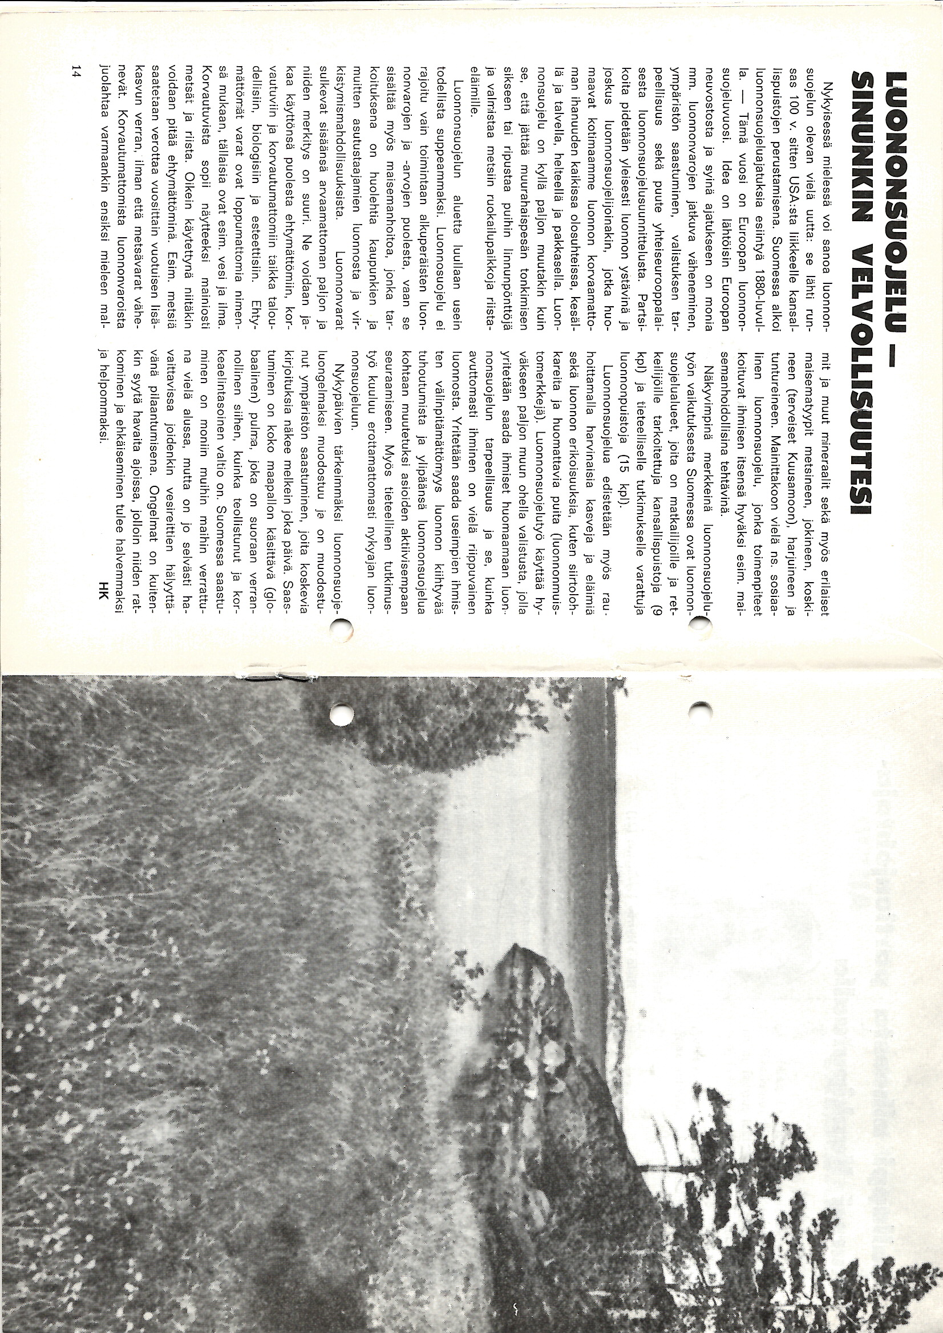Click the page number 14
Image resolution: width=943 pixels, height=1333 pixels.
point(76,72)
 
